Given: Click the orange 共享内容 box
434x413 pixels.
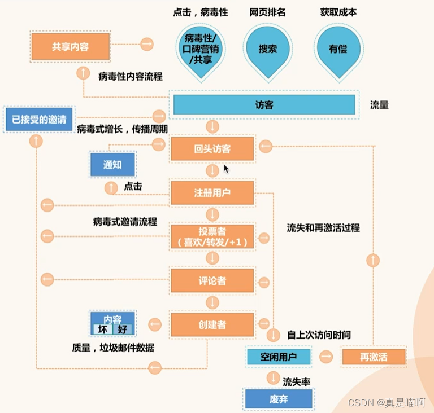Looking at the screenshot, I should [x=70, y=47].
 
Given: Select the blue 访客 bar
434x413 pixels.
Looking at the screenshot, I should [x=264, y=104].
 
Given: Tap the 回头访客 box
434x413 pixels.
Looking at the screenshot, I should [x=212, y=149].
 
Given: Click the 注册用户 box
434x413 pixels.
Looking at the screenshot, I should [x=212, y=193].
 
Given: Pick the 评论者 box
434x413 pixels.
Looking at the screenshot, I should [x=212, y=279].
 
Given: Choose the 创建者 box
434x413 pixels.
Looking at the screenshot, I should [x=212, y=324].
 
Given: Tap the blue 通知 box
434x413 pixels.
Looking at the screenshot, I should [x=112, y=165].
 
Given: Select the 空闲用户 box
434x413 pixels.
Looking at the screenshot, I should [x=278, y=357].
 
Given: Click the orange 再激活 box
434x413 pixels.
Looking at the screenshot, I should [x=374, y=357].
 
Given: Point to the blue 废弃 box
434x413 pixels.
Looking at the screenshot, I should [x=278, y=399].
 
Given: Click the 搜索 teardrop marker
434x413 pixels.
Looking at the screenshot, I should [x=267, y=49].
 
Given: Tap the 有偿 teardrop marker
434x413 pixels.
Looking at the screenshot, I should [x=337, y=49].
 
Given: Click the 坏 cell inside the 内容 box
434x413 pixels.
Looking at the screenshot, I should [x=102, y=329].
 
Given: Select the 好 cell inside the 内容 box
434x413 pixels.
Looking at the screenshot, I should [x=122, y=329].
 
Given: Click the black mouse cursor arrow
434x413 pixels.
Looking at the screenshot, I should [x=226, y=169].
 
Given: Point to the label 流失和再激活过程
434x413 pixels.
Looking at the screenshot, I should [x=323, y=229].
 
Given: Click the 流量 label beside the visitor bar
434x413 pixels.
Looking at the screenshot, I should [x=379, y=105].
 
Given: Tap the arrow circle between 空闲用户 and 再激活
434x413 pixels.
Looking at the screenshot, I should [x=325, y=357].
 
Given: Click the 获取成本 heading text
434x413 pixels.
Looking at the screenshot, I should [x=338, y=12].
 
